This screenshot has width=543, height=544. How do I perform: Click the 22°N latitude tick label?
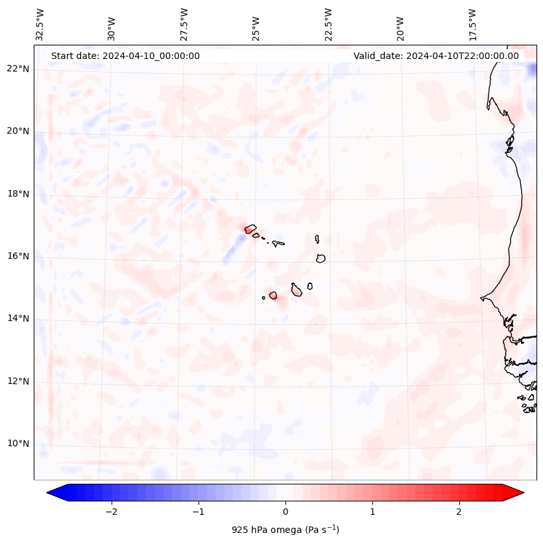pos(18,69)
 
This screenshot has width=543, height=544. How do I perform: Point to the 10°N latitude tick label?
pos(18,443)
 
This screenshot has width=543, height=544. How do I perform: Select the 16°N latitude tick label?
pos(18,256)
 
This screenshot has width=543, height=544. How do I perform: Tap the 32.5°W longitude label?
pos(40,25)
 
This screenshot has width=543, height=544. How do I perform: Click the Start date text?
pos(125,56)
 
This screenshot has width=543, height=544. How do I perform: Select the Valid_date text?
pos(436,56)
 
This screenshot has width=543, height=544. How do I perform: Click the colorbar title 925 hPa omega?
pos(285,530)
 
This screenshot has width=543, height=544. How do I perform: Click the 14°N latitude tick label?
pos(18,318)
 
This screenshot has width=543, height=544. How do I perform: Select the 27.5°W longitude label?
pos(184,25)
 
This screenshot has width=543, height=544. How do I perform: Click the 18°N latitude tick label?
pos(18,193)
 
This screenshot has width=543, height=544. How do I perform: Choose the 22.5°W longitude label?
pos(328,25)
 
